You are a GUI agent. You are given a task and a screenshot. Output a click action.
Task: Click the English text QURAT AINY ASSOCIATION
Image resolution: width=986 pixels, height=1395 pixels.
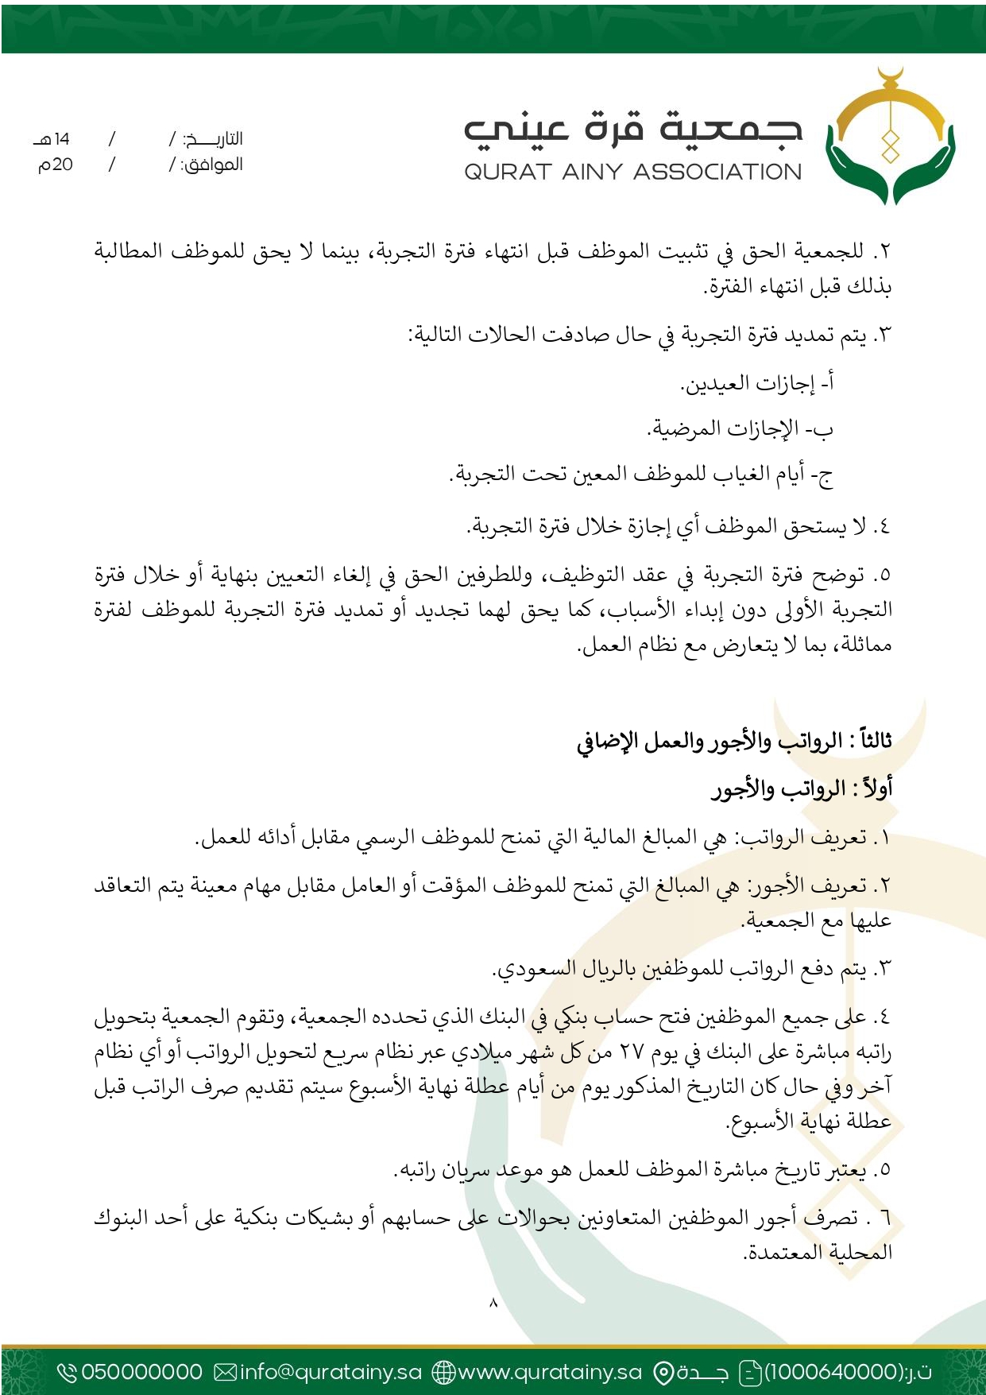tap(632, 172)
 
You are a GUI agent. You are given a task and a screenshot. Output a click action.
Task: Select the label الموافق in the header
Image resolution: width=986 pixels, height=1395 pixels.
tap(212, 165)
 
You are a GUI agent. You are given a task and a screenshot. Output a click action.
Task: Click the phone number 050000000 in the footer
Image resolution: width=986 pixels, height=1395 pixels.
tap(141, 1372)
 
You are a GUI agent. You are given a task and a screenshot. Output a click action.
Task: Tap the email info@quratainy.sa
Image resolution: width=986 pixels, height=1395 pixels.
tap(331, 1372)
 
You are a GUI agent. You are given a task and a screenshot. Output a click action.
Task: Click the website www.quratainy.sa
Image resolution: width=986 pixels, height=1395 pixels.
tap(550, 1372)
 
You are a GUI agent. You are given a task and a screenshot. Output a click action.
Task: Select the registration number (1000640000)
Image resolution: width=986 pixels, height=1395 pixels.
tap(834, 1372)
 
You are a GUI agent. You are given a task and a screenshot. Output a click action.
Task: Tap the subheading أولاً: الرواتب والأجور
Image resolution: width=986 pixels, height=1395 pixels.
tap(802, 789)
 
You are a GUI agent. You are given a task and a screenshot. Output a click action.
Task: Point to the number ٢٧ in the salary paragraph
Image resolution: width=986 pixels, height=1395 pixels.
tap(632, 1052)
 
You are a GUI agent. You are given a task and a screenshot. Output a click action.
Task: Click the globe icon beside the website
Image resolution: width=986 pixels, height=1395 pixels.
tap(443, 1372)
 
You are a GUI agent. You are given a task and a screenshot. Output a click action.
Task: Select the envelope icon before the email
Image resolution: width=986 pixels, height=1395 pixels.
tap(226, 1372)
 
